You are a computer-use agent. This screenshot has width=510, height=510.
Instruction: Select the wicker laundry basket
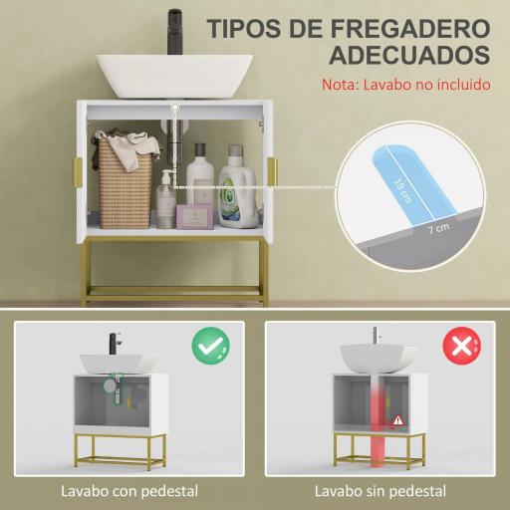click(125, 179)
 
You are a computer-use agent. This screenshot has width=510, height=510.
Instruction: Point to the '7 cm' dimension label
click(435, 230)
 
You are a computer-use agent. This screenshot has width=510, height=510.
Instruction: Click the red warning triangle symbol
click(399, 419)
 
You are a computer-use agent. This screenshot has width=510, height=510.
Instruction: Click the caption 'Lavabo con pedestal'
click(129, 490)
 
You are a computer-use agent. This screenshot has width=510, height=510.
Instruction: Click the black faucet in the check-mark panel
click(113, 344)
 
